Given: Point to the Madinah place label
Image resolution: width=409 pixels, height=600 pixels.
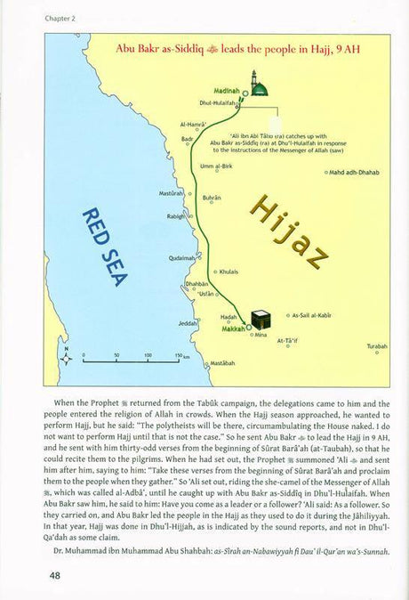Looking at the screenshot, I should (225, 91).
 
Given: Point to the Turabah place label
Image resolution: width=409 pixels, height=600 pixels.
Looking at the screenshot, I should (377, 345).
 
